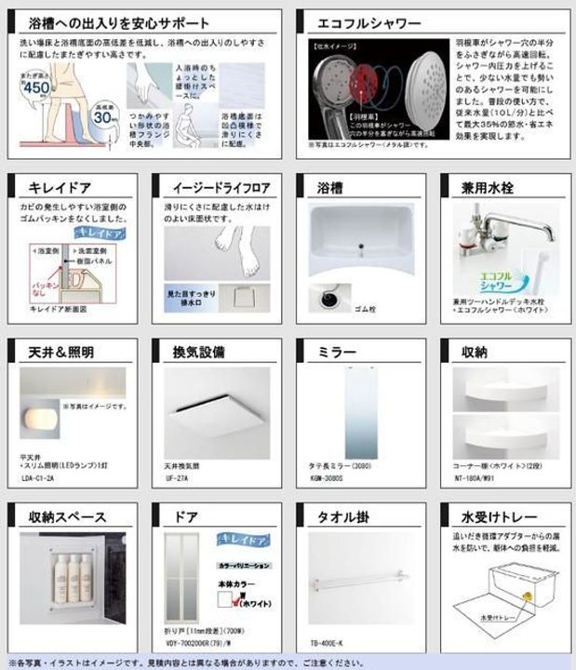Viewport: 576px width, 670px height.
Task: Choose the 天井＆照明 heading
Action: [x=61, y=352]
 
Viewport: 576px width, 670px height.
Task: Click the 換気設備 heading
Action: [x=197, y=352]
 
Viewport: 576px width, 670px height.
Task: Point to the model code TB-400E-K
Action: [x=328, y=643]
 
